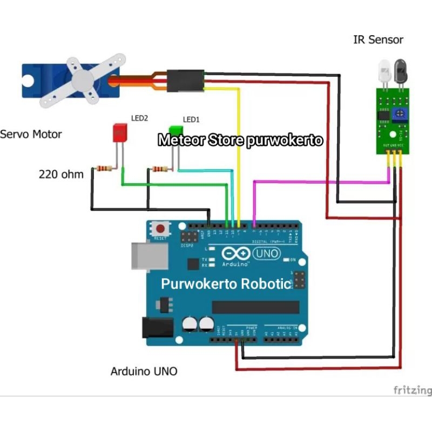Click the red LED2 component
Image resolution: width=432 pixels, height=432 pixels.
119,133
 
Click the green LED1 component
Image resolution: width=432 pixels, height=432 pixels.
175,130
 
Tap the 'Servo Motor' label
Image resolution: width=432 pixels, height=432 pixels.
31,134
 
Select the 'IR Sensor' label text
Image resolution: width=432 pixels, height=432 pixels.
378,40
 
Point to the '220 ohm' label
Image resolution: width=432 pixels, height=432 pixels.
61,174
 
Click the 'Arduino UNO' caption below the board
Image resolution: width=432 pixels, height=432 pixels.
144,372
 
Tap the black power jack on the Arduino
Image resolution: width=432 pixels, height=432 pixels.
156,327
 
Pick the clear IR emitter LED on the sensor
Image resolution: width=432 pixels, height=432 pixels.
384,71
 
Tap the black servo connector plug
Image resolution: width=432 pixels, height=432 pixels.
185,82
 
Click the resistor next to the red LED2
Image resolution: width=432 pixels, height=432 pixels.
103,170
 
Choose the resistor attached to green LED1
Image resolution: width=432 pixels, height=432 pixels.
159,170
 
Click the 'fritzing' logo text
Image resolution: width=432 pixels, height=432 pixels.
412,390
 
